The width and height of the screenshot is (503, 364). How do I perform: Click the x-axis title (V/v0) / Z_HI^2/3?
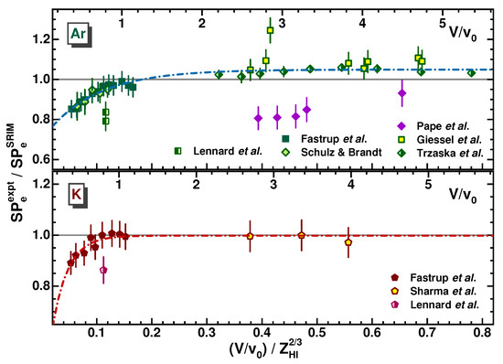(x=272, y=352)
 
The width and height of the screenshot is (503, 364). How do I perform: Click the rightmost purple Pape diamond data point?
(x=401, y=92)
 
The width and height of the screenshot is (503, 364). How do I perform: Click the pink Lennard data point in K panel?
(x=103, y=270)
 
